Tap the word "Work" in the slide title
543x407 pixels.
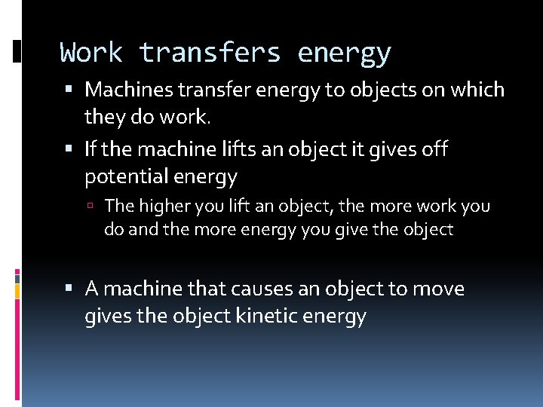(x=91, y=54)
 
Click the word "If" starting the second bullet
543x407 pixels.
(x=90, y=149)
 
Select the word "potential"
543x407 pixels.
(x=127, y=177)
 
